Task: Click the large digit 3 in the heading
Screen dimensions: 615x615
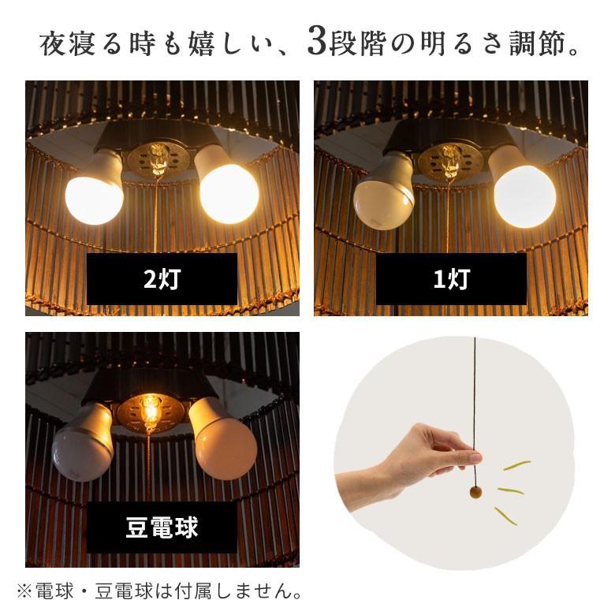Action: [x=316, y=43]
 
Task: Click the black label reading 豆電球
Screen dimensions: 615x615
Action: [x=162, y=527]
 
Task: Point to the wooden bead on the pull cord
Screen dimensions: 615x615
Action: [x=475, y=493]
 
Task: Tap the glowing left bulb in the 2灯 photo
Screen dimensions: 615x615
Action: [x=94, y=197]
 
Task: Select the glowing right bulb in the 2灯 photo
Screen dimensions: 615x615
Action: [x=229, y=192]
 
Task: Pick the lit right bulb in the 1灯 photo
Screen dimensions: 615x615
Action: [x=524, y=194]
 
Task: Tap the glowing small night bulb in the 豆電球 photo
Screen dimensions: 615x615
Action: [x=150, y=409]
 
